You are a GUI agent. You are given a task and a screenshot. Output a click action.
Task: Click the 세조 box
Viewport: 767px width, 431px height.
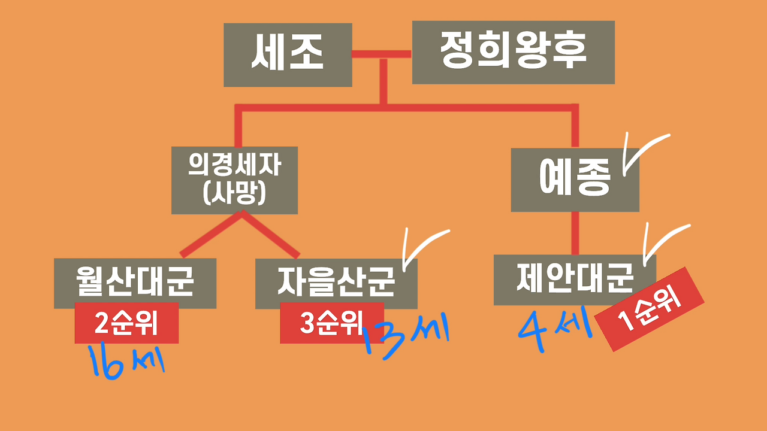288,54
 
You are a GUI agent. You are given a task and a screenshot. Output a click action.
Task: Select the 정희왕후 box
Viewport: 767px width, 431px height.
513,52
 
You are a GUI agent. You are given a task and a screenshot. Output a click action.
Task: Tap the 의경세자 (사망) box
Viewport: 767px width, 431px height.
234,180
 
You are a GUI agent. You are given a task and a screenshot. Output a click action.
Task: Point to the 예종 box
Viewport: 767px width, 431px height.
574,180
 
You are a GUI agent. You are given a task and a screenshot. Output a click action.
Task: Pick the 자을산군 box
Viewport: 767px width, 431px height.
336,283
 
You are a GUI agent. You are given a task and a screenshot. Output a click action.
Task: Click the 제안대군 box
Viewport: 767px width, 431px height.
574,278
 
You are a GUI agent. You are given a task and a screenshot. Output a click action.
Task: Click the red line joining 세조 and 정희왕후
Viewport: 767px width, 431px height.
381,54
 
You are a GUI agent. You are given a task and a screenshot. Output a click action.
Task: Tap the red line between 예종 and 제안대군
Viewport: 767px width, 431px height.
575,233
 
